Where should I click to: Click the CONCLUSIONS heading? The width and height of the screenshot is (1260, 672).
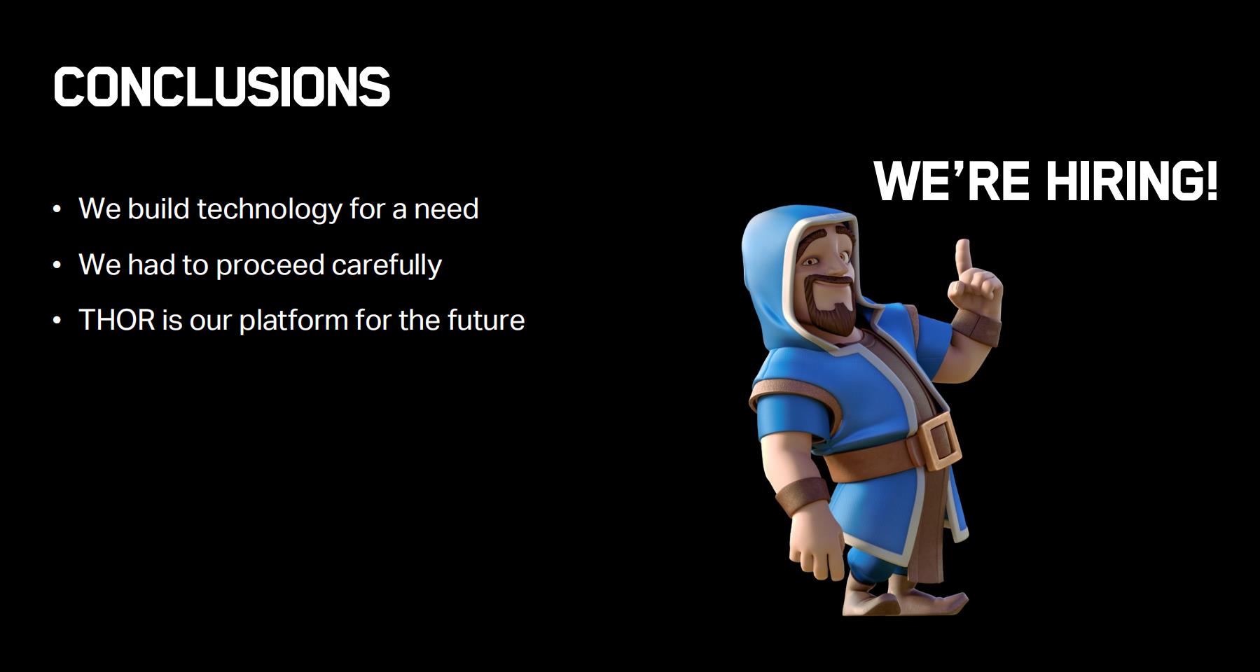tap(221, 87)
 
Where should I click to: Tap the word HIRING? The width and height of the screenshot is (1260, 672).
tap(1132, 181)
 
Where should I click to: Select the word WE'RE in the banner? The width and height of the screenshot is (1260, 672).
tap(951, 181)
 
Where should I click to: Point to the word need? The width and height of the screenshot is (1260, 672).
tap(446, 209)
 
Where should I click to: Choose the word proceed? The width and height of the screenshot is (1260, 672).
tap(270, 266)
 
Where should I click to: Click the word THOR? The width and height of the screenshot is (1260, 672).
tap(117, 320)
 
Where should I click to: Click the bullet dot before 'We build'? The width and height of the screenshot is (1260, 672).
tap(57, 209)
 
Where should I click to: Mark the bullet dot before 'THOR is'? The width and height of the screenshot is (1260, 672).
tap(57, 321)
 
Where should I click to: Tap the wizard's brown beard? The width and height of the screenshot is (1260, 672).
tap(830, 308)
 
